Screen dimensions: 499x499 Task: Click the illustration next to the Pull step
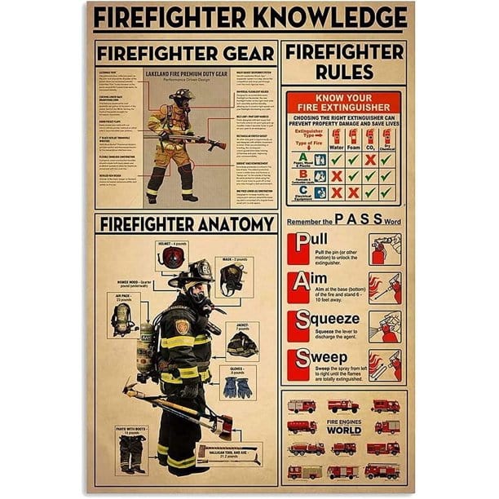point(384,249)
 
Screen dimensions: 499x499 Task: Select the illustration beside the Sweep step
point(384,364)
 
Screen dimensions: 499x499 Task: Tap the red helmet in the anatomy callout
point(171,258)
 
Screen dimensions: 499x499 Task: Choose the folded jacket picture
point(242,343)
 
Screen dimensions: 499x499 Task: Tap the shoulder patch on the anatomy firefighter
point(183,326)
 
